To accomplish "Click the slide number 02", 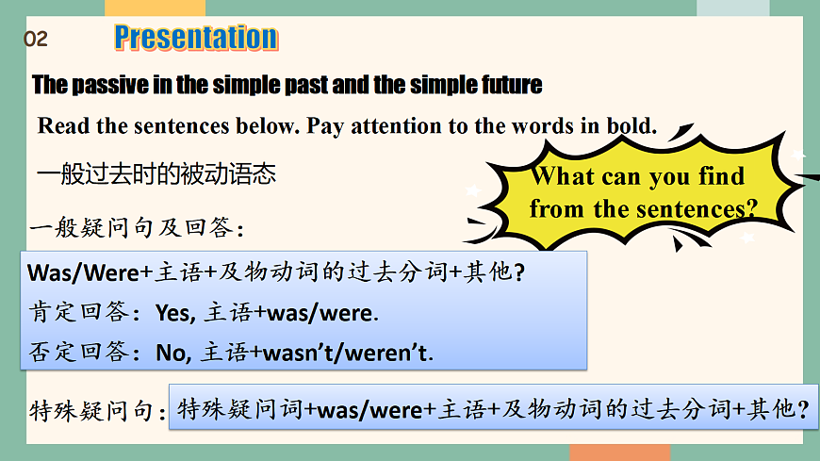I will coord(35,40).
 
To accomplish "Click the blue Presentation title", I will coord(195,38).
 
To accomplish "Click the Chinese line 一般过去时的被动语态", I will coord(156,173).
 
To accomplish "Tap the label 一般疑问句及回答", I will coord(136,228).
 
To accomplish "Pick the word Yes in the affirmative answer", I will coord(173,313).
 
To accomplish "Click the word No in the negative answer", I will coord(172,353).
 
